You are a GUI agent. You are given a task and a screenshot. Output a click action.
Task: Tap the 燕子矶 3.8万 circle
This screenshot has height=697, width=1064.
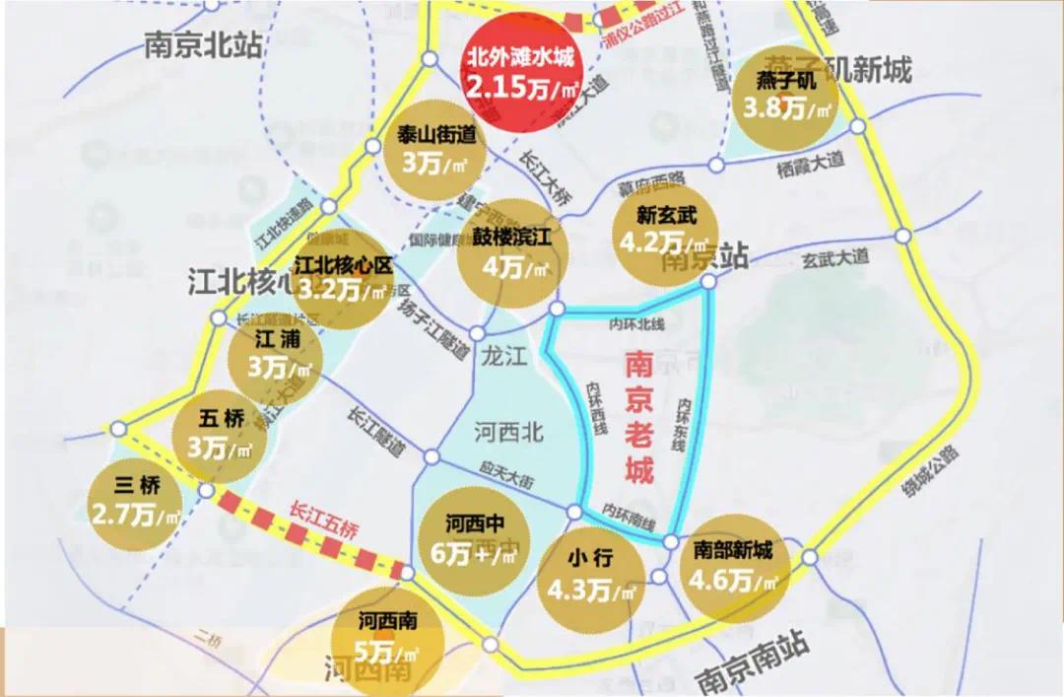(x=786, y=97)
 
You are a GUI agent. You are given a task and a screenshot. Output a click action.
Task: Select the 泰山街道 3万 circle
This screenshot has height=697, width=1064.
(x=429, y=150)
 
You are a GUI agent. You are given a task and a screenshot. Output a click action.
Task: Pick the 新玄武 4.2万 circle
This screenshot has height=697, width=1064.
(x=666, y=231)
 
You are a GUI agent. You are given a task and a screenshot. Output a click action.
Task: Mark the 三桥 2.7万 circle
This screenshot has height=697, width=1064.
(x=135, y=502)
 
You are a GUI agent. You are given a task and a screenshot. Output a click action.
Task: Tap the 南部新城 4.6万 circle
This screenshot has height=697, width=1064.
(x=733, y=567)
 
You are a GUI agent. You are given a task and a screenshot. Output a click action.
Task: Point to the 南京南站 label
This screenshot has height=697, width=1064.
(x=753, y=662)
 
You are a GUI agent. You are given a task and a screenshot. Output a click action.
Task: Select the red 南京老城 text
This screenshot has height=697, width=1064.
(x=639, y=419)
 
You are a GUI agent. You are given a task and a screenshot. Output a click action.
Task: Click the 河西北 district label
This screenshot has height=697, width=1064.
(x=509, y=432)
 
